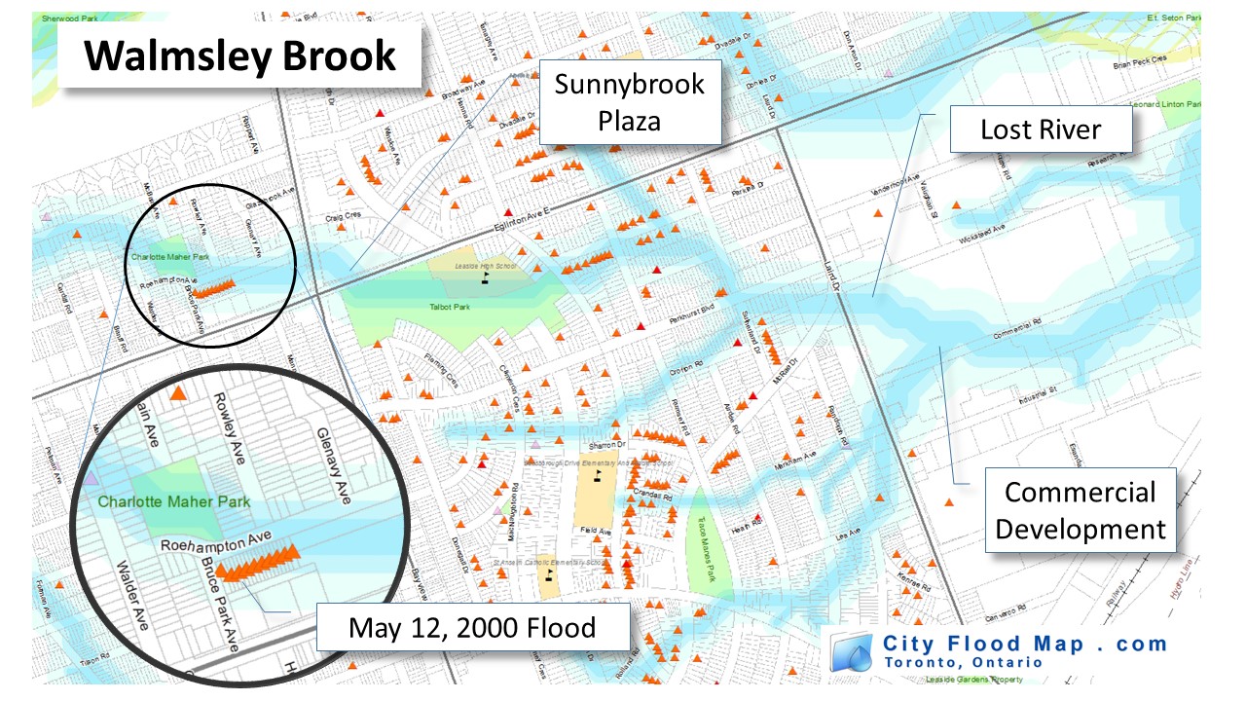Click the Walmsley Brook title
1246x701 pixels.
pyautogui.click(x=240, y=56)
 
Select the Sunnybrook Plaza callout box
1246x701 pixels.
pyautogui.click(x=629, y=101)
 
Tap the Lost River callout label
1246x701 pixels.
pyautogui.click(x=1041, y=129)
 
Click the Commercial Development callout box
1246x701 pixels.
pyautogui.click(x=1080, y=510)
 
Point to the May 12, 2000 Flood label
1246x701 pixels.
pyautogui.click(x=472, y=628)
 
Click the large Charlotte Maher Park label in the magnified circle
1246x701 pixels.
pyautogui.click(x=174, y=502)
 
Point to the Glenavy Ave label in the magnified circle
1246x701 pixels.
pyautogui.click(x=333, y=461)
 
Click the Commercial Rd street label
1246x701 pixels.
pyautogui.click(x=1016, y=333)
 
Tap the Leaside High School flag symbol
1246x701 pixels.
pyautogui.click(x=485, y=277)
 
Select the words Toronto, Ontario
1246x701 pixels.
pyautogui.click(x=964, y=662)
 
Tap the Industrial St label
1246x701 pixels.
pyautogui.click(x=1037, y=391)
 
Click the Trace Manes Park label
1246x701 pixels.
pyautogui.click(x=702, y=534)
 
